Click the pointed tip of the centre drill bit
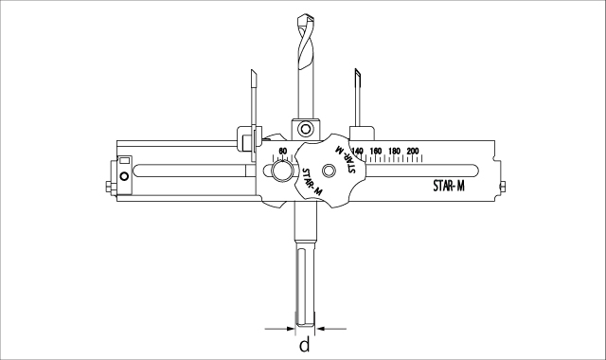[306, 15]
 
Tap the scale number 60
[282, 151]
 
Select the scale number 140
[358, 151]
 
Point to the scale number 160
[376, 151]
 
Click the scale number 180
[394, 151]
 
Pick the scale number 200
[413, 151]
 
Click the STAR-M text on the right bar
[449, 186]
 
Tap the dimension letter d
[305, 344]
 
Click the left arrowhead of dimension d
[291, 329]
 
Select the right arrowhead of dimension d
[320, 329]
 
